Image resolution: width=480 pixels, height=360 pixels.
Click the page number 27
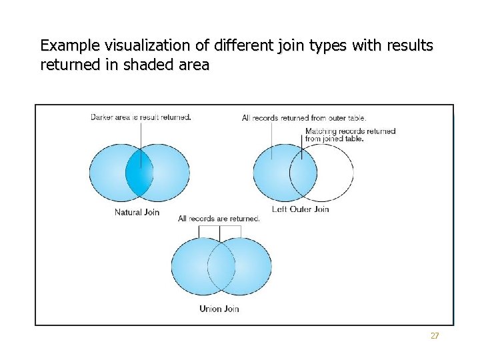coord(435,336)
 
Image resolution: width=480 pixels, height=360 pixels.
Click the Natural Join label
coord(137,213)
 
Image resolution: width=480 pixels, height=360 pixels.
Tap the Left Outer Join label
coord(301,209)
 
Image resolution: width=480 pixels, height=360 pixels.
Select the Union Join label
coord(219,309)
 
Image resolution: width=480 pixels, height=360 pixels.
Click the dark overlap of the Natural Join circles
coord(140,173)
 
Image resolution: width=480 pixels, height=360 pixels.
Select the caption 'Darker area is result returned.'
coord(141,117)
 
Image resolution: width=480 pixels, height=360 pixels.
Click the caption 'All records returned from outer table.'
coord(304,118)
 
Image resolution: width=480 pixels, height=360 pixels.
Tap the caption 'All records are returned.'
coord(219,219)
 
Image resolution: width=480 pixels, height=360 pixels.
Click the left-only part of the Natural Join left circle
coord(107,173)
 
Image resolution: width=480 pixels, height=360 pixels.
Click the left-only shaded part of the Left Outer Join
coord(271,173)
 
